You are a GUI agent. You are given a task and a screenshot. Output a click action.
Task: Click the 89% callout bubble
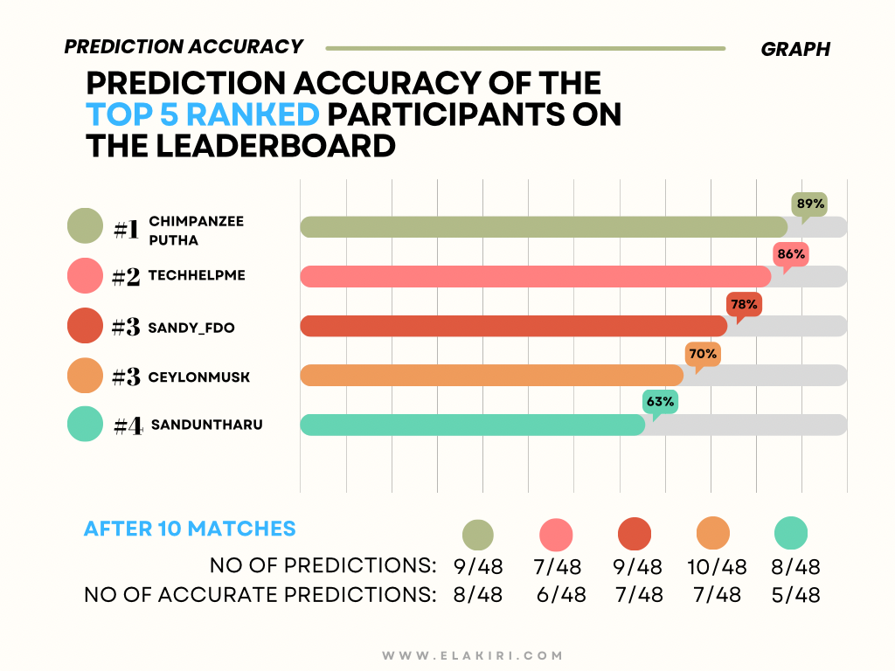pyautogui.click(x=809, y=204)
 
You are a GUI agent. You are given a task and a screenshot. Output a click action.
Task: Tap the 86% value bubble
pyautogui.click(x=791, y=254)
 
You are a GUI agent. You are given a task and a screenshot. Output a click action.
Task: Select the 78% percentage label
pyautogui.click(x=745, y=305)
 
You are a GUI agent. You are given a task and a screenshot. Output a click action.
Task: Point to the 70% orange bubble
pyautogui.click(x=703, y=355)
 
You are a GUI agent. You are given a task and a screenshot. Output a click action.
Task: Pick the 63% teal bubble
pyautogui.click(x=661, y=402)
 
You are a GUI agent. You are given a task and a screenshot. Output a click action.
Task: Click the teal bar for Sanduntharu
pyautogui.click(x=473, y=425)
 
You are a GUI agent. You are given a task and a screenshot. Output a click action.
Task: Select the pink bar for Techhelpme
pyautogui.click(x=536, y=276)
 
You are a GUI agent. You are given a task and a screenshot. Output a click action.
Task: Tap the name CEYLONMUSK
pyautogui.click(x=199, y=377)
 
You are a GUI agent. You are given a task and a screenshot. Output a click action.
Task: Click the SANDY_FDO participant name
pyautogui.click(x=191, y=328)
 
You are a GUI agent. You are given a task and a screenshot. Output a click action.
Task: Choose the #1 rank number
pyautogui.click(x=126, y=230)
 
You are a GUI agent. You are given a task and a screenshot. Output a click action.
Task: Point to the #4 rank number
pyautogui.click(x=128, y=425)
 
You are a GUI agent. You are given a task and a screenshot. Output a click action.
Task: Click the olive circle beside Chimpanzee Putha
pyautogui.click(x=85, y=226)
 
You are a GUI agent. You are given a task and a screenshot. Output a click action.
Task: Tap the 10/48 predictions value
pyautogui.click(x=717, y=566)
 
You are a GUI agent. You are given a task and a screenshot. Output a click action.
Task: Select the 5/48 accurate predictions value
pyautogui.click(x=795, y=595)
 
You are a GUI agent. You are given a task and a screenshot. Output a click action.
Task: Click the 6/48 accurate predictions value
pyautogui.click(x=561, y=595)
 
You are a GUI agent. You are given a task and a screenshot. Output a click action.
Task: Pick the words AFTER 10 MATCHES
pyautogui.click(x=190, y=529)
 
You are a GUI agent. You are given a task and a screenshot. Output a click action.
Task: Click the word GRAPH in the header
pyautogui.click(x=795, y=49)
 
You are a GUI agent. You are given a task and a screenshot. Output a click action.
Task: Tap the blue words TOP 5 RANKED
pyautogui.click(x=203, y=114)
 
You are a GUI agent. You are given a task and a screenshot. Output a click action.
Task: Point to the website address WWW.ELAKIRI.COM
pyautogui.click(x=473, y=655)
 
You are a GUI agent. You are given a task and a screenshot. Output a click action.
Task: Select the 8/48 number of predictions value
pyautogui.click(x=795, y=566)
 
